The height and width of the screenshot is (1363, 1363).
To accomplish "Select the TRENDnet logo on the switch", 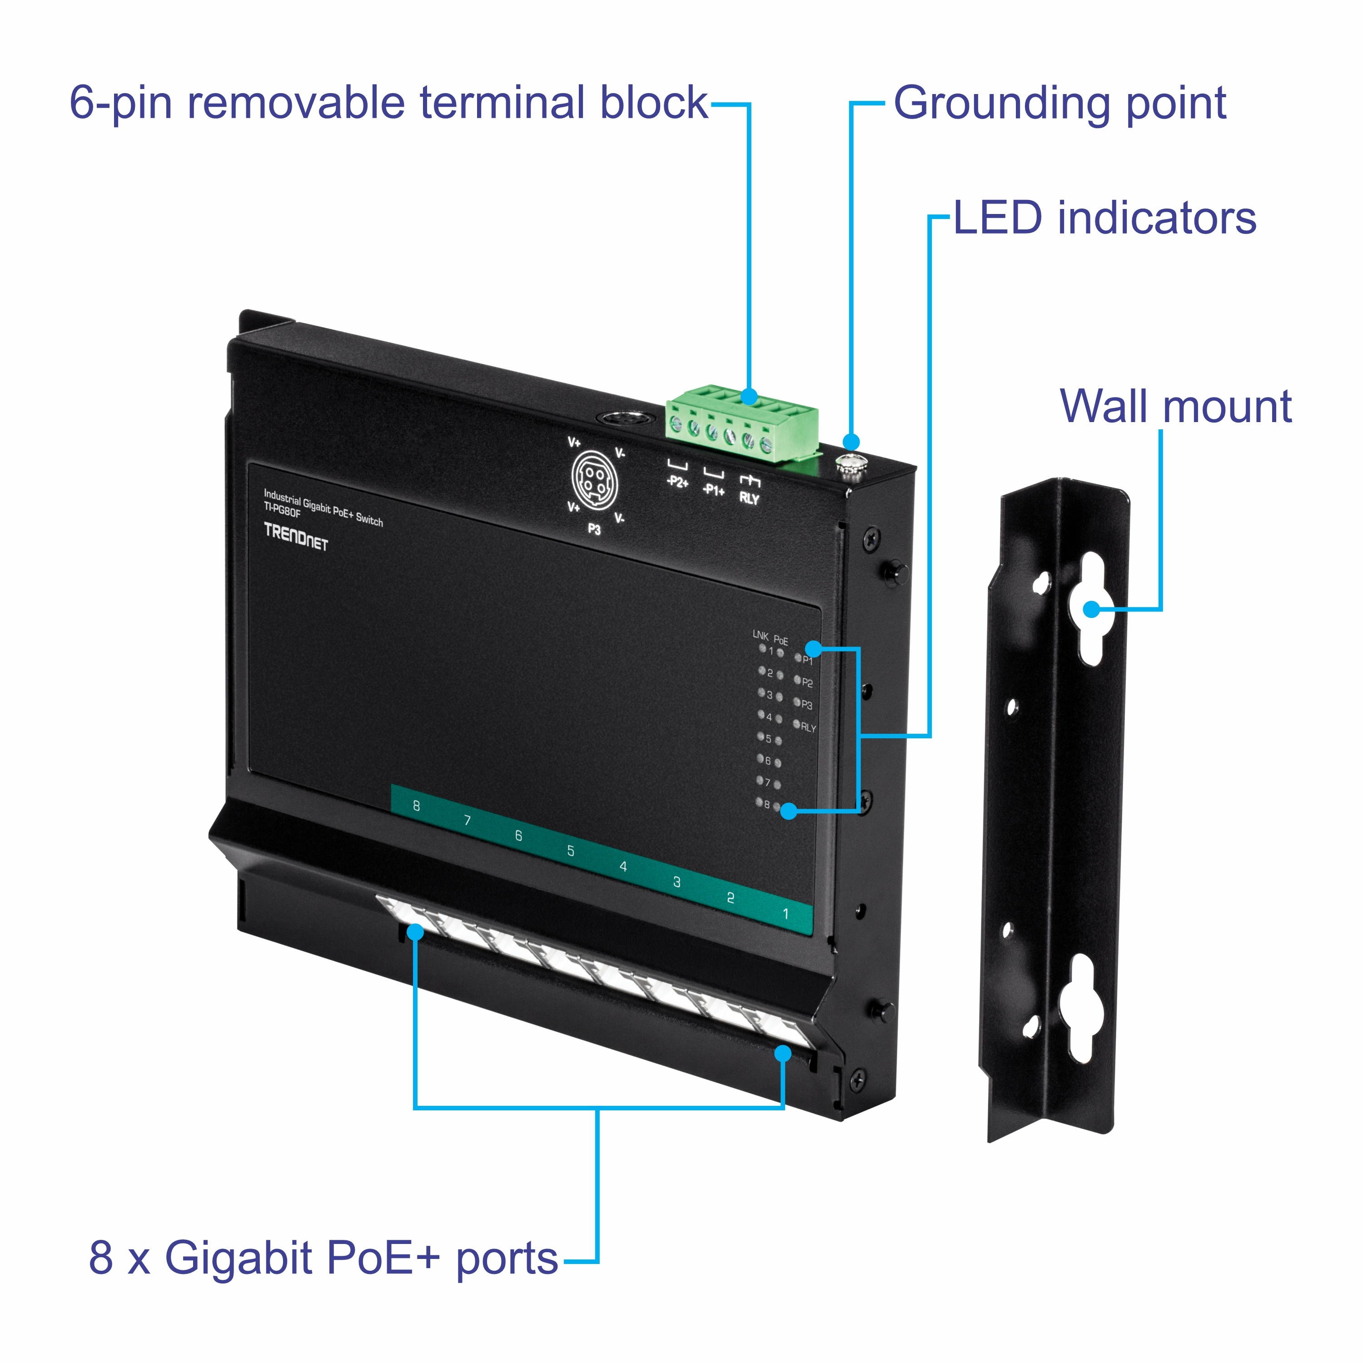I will click(296, 536).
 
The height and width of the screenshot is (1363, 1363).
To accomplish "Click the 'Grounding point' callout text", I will click(1060, 104).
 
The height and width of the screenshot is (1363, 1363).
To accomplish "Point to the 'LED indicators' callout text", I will click(1105, 218).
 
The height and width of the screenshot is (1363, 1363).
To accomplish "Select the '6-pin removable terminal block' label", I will click(388, 103).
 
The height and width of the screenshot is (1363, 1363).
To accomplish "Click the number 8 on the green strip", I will click(416, 806).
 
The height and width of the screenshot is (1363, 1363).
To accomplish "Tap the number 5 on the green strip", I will click(570, 851).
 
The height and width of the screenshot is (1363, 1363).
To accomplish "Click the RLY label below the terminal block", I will click(749, 498).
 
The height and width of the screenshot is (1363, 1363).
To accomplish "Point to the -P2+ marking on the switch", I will click(677, 482).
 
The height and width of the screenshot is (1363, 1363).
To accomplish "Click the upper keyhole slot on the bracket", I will click(1093, 608).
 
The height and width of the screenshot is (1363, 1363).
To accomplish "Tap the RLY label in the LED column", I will click(808, 727).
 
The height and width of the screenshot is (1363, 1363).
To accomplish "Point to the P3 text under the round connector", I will click(594, 529).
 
